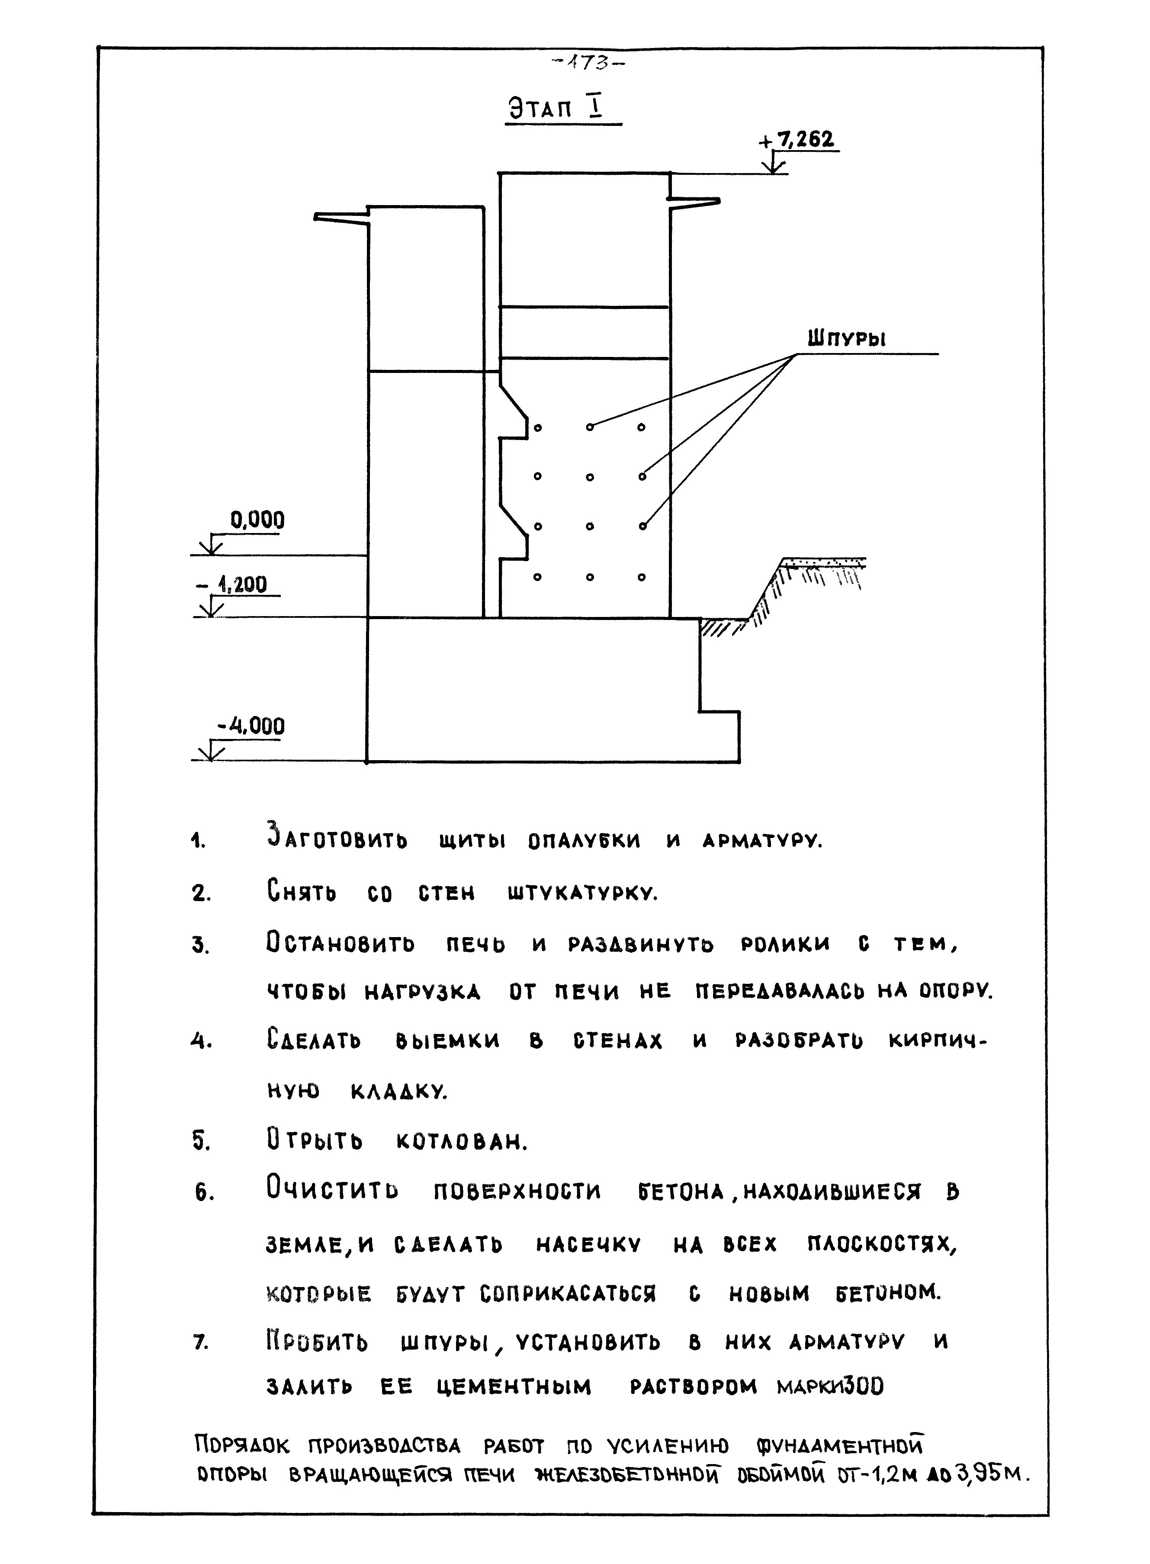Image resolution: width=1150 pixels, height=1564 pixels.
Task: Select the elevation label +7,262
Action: point(800,141)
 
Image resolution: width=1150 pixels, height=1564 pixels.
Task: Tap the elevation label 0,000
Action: point(257,520)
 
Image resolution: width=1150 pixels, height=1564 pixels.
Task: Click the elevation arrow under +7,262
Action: point(773,165)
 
